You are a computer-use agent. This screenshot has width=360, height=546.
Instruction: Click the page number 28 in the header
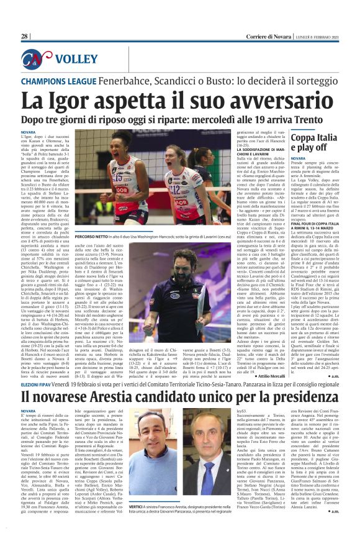pyautogui.click(x=25, y=37)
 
